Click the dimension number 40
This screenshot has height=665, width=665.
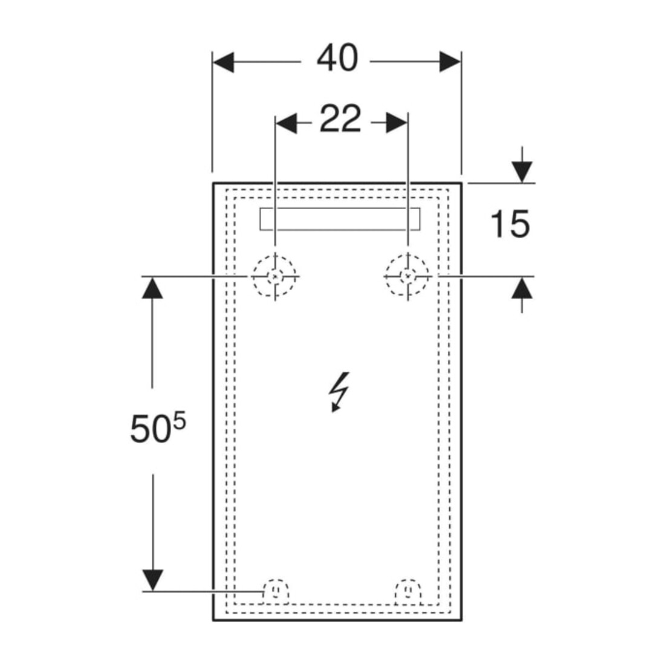point(337,58)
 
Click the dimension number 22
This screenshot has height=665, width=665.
point(340,118)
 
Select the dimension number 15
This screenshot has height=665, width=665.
point(510,224)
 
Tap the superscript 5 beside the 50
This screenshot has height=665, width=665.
point(180,423)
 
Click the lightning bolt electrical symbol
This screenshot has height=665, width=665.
point(339,392)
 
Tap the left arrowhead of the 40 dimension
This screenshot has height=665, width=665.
point(223,62)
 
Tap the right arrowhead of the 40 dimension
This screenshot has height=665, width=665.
point(450,62)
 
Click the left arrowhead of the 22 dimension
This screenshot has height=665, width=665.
point(287,123)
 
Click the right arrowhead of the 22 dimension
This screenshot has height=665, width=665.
point(397,123)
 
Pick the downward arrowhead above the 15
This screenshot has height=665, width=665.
point(522,172)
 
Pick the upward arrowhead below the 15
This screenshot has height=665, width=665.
point(522,288)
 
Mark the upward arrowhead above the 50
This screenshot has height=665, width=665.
point(152,288)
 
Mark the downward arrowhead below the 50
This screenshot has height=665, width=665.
point(152,580)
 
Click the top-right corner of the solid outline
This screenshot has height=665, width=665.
point(461,183)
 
